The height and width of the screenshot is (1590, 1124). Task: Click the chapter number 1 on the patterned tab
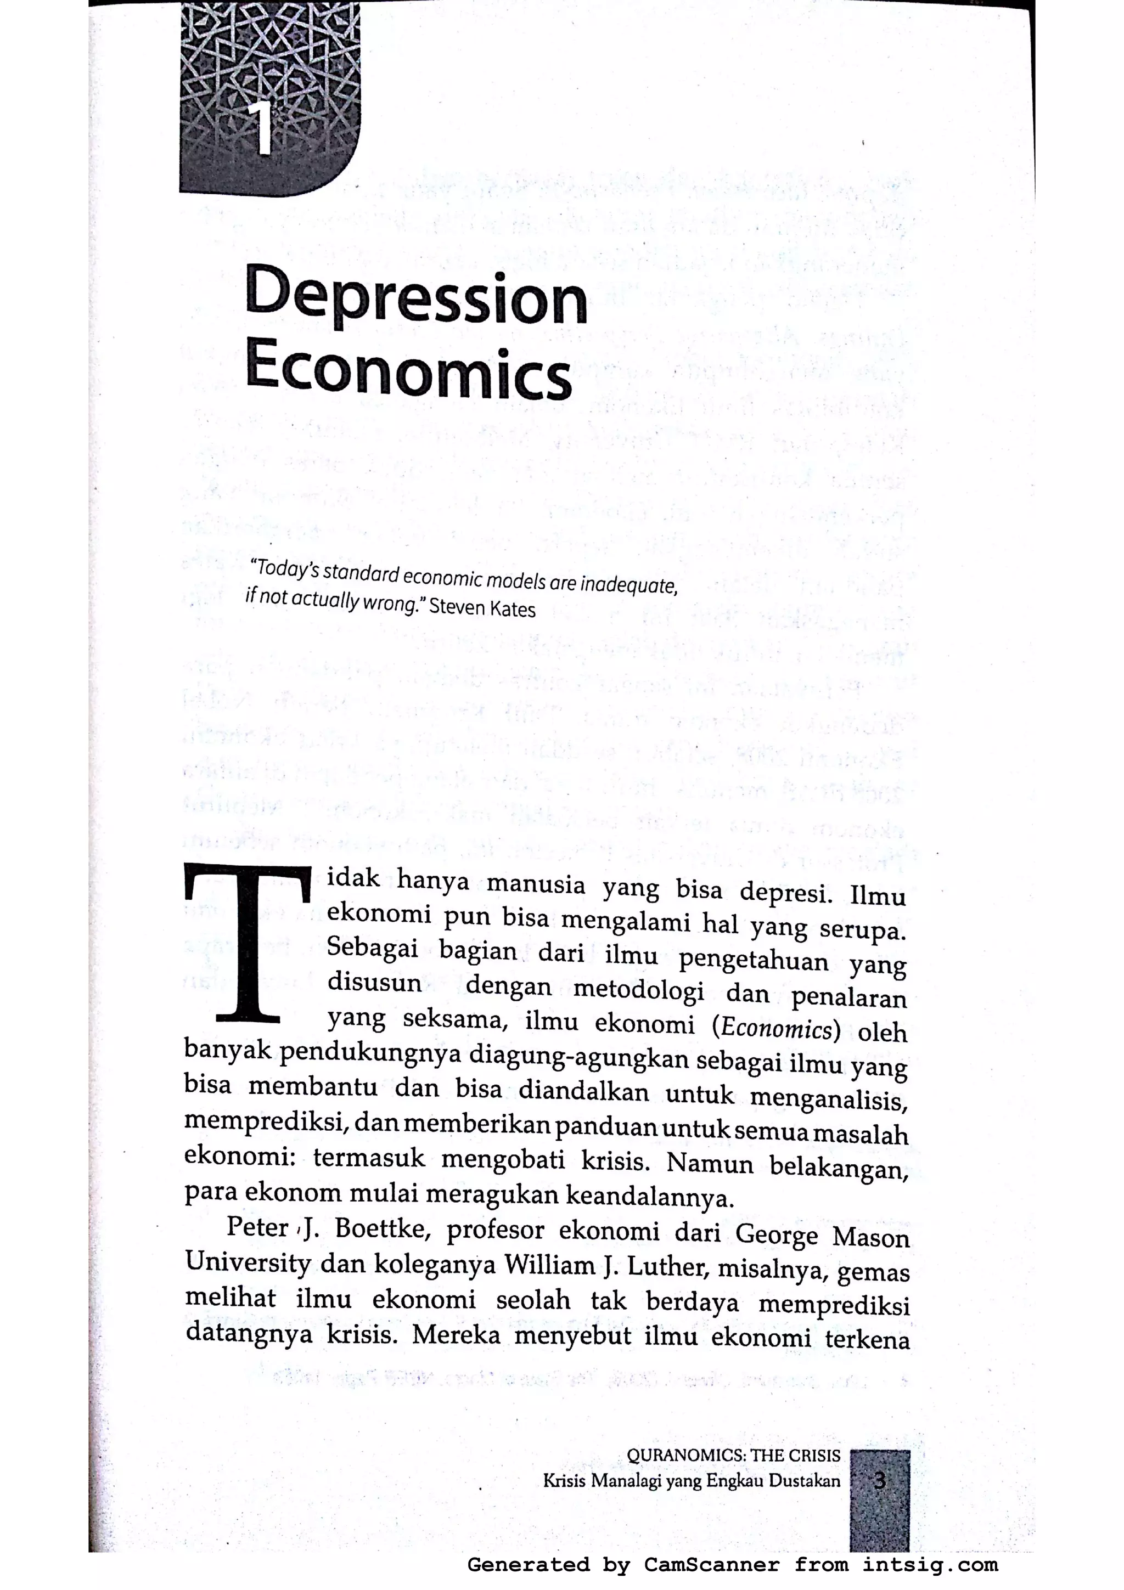pos(262,130)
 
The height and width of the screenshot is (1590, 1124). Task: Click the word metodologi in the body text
pos(638,991)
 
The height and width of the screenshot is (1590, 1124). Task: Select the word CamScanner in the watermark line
pos(711,1564)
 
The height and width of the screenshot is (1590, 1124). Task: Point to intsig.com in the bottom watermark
pos(930,1564)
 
